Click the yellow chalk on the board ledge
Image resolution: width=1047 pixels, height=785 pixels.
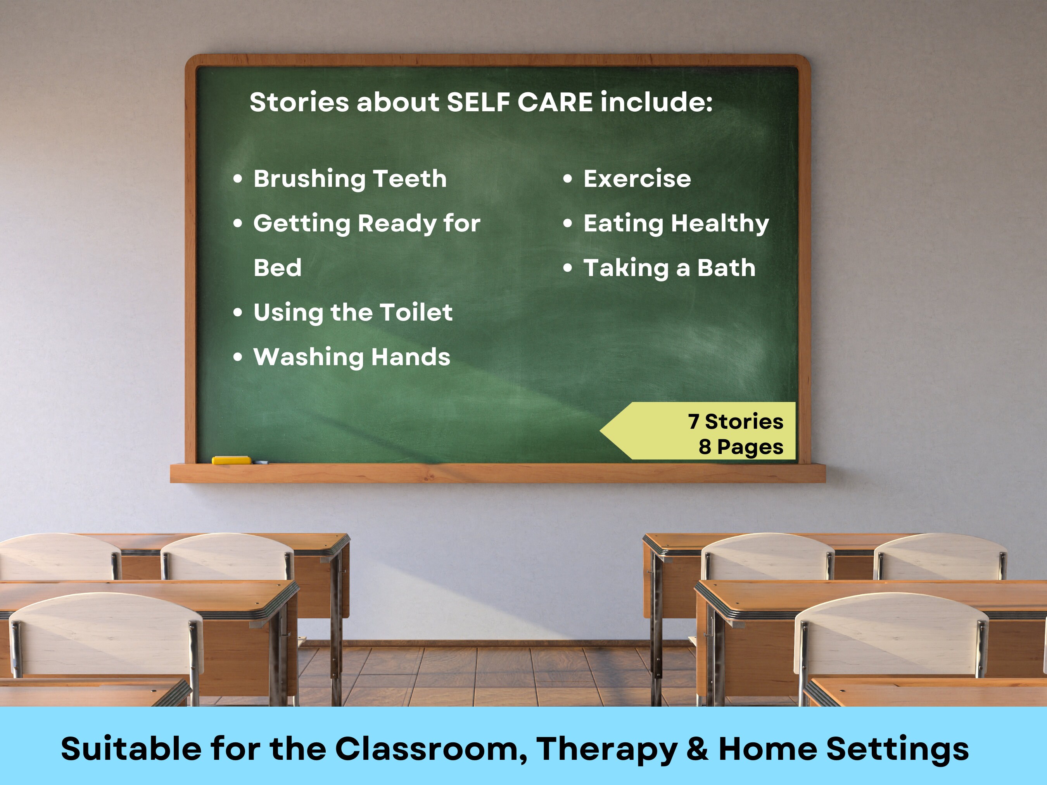[231, 460]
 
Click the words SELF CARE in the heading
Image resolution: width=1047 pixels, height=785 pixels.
[519, 102]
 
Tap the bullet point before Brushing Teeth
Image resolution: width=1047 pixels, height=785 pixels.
[238, 179]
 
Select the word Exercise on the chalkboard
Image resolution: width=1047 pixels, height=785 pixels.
[637, 179]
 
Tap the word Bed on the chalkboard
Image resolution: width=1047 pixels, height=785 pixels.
[277, 268]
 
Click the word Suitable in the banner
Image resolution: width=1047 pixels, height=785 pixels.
[131, 749]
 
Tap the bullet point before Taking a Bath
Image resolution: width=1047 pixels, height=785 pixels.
[568, 268]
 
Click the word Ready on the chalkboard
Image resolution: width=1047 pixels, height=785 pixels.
[397, 223]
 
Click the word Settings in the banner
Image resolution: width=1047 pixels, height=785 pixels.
[897, 749]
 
